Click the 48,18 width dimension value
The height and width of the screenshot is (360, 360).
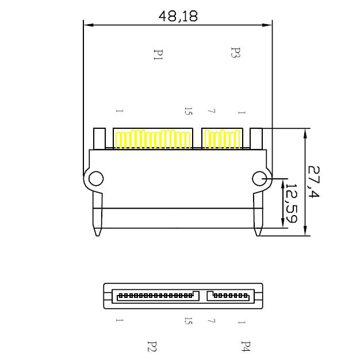click(178, 16)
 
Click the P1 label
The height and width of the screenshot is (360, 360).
click(158, 55)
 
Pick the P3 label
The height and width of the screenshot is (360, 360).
click(235, 54)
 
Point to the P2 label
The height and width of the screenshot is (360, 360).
click(152, 346)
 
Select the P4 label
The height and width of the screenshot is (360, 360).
click(246, 346)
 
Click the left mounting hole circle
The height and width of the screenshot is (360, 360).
click(96, 178)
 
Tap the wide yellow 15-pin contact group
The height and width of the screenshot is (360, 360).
click(153, 139)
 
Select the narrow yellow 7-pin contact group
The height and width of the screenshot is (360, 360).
click(221, 139)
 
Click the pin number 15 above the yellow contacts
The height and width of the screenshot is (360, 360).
click(188, 111)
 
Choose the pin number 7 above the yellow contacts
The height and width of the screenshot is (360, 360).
click(212, 111)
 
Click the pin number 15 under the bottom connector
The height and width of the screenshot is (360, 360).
click(188, 321)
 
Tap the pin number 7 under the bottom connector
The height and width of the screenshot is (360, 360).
click(212, 321)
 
